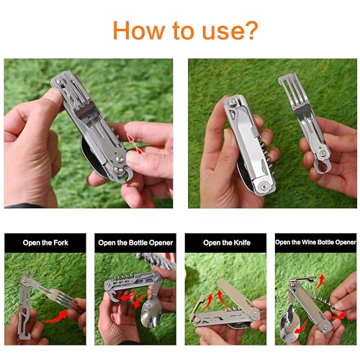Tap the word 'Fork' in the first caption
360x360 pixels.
(70, 243)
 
